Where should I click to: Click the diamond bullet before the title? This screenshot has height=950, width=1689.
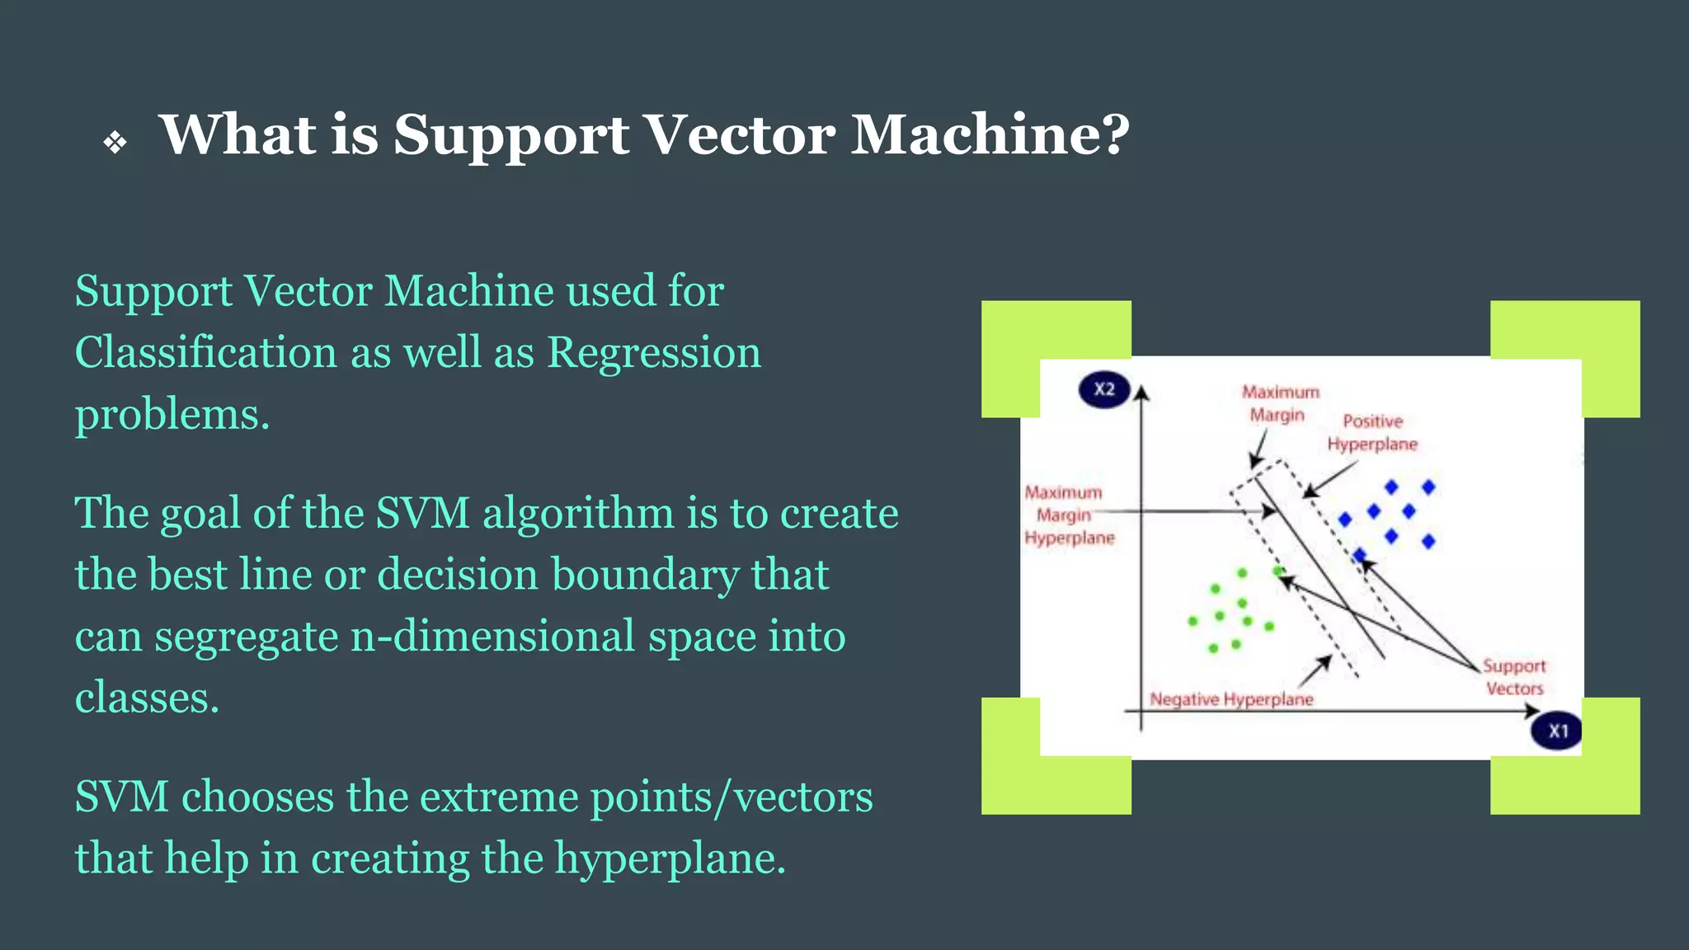point(115,143)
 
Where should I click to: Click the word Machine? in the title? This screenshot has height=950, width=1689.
point(990,134)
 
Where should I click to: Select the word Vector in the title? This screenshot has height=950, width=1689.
point(738,134)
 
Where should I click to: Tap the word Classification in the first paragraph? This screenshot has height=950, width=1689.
point(205,353)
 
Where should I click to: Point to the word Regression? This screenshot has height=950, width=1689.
point(654,353)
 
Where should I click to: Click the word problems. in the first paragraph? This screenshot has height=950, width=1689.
point(172,415)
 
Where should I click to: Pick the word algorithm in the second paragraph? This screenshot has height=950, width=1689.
point(578,513)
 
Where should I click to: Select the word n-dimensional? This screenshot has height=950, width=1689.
point(493,637)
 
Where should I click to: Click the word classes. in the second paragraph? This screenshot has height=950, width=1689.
point(147,698)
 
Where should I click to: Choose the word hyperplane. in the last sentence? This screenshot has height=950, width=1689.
point(670,858)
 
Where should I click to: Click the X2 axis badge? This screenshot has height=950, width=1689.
point(1104,389)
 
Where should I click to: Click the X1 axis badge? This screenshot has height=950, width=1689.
point(1557,731)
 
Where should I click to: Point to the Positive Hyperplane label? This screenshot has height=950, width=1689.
point(1372,433)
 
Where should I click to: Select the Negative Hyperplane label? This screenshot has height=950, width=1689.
point(1231,699)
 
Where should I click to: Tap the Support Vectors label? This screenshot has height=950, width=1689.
point(1514,677)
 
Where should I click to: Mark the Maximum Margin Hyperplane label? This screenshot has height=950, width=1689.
point(1068,515)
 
